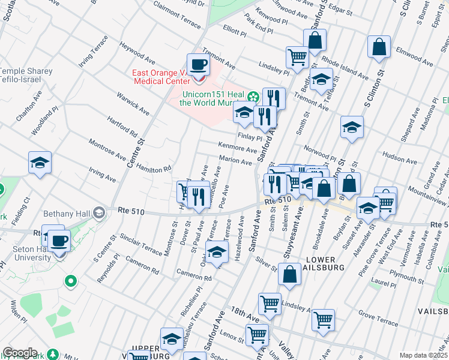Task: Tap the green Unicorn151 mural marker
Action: coord(253,97)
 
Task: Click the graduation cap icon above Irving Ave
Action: coord(40,163)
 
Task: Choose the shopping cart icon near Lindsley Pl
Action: coord(297,58)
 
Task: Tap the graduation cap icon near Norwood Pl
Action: coord(352,127)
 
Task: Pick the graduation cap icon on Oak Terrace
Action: coord(217,252)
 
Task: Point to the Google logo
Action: coord(20,353)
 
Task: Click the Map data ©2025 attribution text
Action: coord(423,355)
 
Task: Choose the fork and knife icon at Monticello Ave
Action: coord(199,196)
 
